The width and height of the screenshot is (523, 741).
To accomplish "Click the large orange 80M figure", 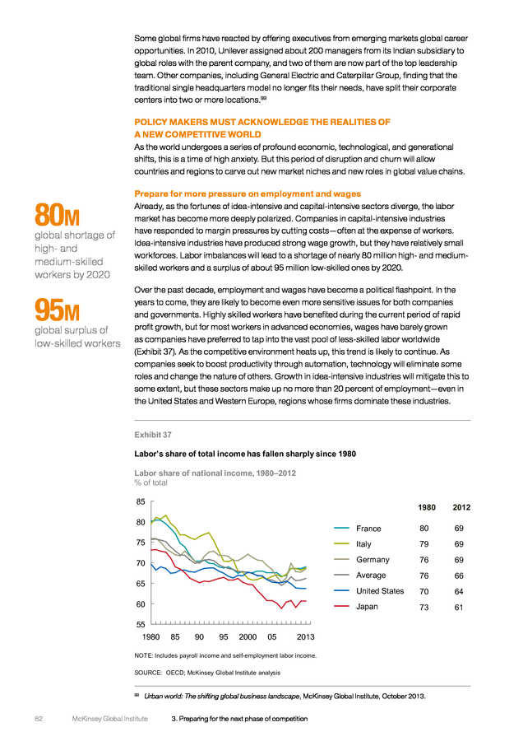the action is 57,215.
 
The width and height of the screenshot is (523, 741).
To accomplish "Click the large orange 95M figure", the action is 57,310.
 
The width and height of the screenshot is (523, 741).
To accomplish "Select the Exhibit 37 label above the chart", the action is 153,435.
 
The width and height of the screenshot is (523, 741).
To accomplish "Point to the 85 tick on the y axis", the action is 141,502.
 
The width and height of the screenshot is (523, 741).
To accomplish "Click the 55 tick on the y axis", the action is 141,624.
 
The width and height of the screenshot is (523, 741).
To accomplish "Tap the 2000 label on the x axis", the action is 248,637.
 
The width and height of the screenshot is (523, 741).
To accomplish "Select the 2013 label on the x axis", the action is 305,637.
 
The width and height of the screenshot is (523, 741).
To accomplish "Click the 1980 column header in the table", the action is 427,507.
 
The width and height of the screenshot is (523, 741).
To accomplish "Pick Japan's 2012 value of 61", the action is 459,608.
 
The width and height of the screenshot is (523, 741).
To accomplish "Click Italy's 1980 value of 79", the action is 423,544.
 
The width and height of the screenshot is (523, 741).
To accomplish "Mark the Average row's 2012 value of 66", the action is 459,576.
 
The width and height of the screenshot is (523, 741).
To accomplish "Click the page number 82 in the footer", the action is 39,719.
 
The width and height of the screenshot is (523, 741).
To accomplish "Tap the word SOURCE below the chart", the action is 148,673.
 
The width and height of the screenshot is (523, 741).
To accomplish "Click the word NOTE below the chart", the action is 143,655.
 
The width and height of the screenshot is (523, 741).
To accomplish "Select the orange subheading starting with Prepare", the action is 248,193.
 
